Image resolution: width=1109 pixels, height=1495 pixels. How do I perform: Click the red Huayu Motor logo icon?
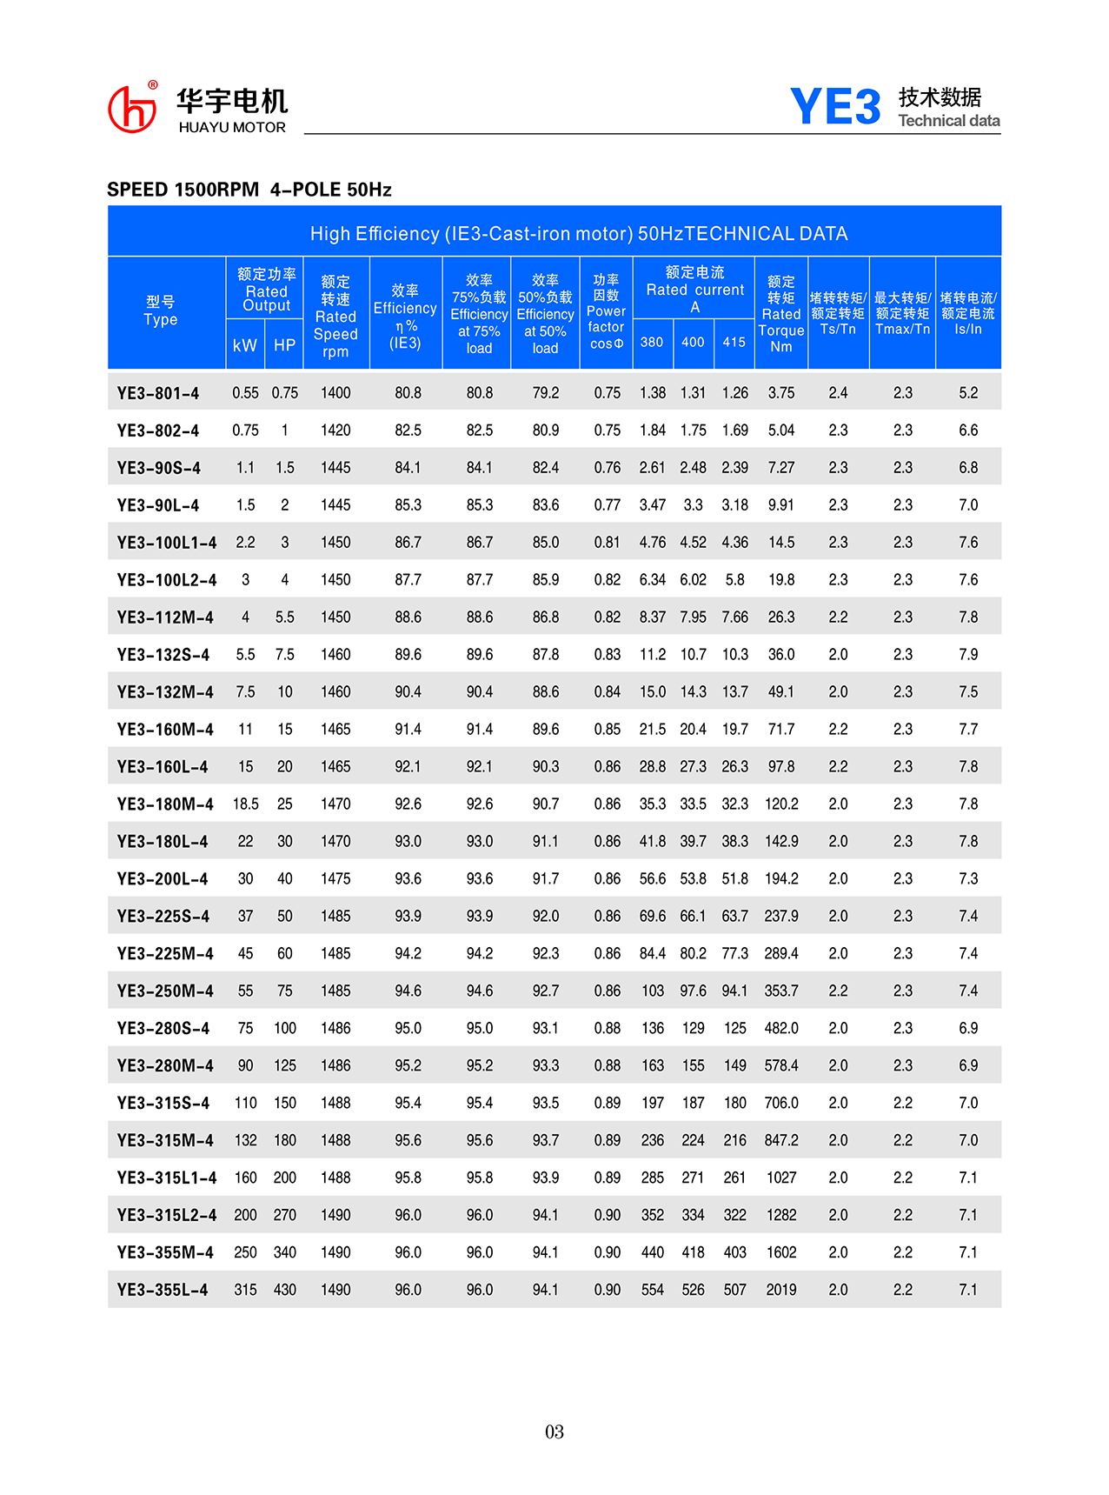[x=132, y=109]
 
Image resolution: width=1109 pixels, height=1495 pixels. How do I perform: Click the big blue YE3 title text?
[x=835, y=108]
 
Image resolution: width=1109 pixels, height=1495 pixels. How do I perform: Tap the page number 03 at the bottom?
[x=554, y=1432]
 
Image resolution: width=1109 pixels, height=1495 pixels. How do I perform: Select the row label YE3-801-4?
[x=158, y=393]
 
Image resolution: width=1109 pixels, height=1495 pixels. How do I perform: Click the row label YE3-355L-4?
[x=163, y=1290]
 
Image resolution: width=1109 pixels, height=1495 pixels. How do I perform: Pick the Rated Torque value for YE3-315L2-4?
[x=780, y=1215]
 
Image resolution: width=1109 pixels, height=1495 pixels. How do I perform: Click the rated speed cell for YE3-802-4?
[x=335, y=430]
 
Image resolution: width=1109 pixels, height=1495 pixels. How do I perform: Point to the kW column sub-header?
[x=245, y=345]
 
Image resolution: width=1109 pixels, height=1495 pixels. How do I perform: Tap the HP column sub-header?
[x=284, y=345]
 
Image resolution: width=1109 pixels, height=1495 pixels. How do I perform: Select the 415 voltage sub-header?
[x=734, y=343]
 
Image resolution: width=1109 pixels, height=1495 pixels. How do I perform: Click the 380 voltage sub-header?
[x=652, y=343]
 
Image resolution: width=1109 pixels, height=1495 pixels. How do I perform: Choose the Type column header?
[x=161, y=311]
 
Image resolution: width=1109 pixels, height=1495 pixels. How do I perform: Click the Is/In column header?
[x=968, y=313]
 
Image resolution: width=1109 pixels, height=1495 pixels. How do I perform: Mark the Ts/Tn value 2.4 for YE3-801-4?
[x=838, y=393]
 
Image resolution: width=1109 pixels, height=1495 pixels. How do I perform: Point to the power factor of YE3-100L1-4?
[x=607, y=543]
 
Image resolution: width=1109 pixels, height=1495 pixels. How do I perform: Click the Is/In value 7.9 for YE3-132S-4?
[x=968, y=655]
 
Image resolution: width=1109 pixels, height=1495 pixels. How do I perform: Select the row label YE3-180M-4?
[x=165, y=804]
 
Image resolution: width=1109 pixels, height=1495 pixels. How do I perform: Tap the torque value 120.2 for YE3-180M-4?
[x=780, y=804]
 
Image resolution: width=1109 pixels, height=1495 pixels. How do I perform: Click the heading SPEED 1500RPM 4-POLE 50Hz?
[x=249, y=190]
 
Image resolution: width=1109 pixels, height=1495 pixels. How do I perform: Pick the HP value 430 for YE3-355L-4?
[x=285, y=1290]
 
